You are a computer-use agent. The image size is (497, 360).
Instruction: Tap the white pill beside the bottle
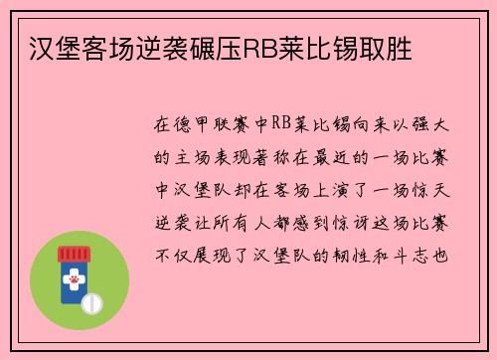coord(94,300)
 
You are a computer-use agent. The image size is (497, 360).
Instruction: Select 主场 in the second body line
coord(199,158)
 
